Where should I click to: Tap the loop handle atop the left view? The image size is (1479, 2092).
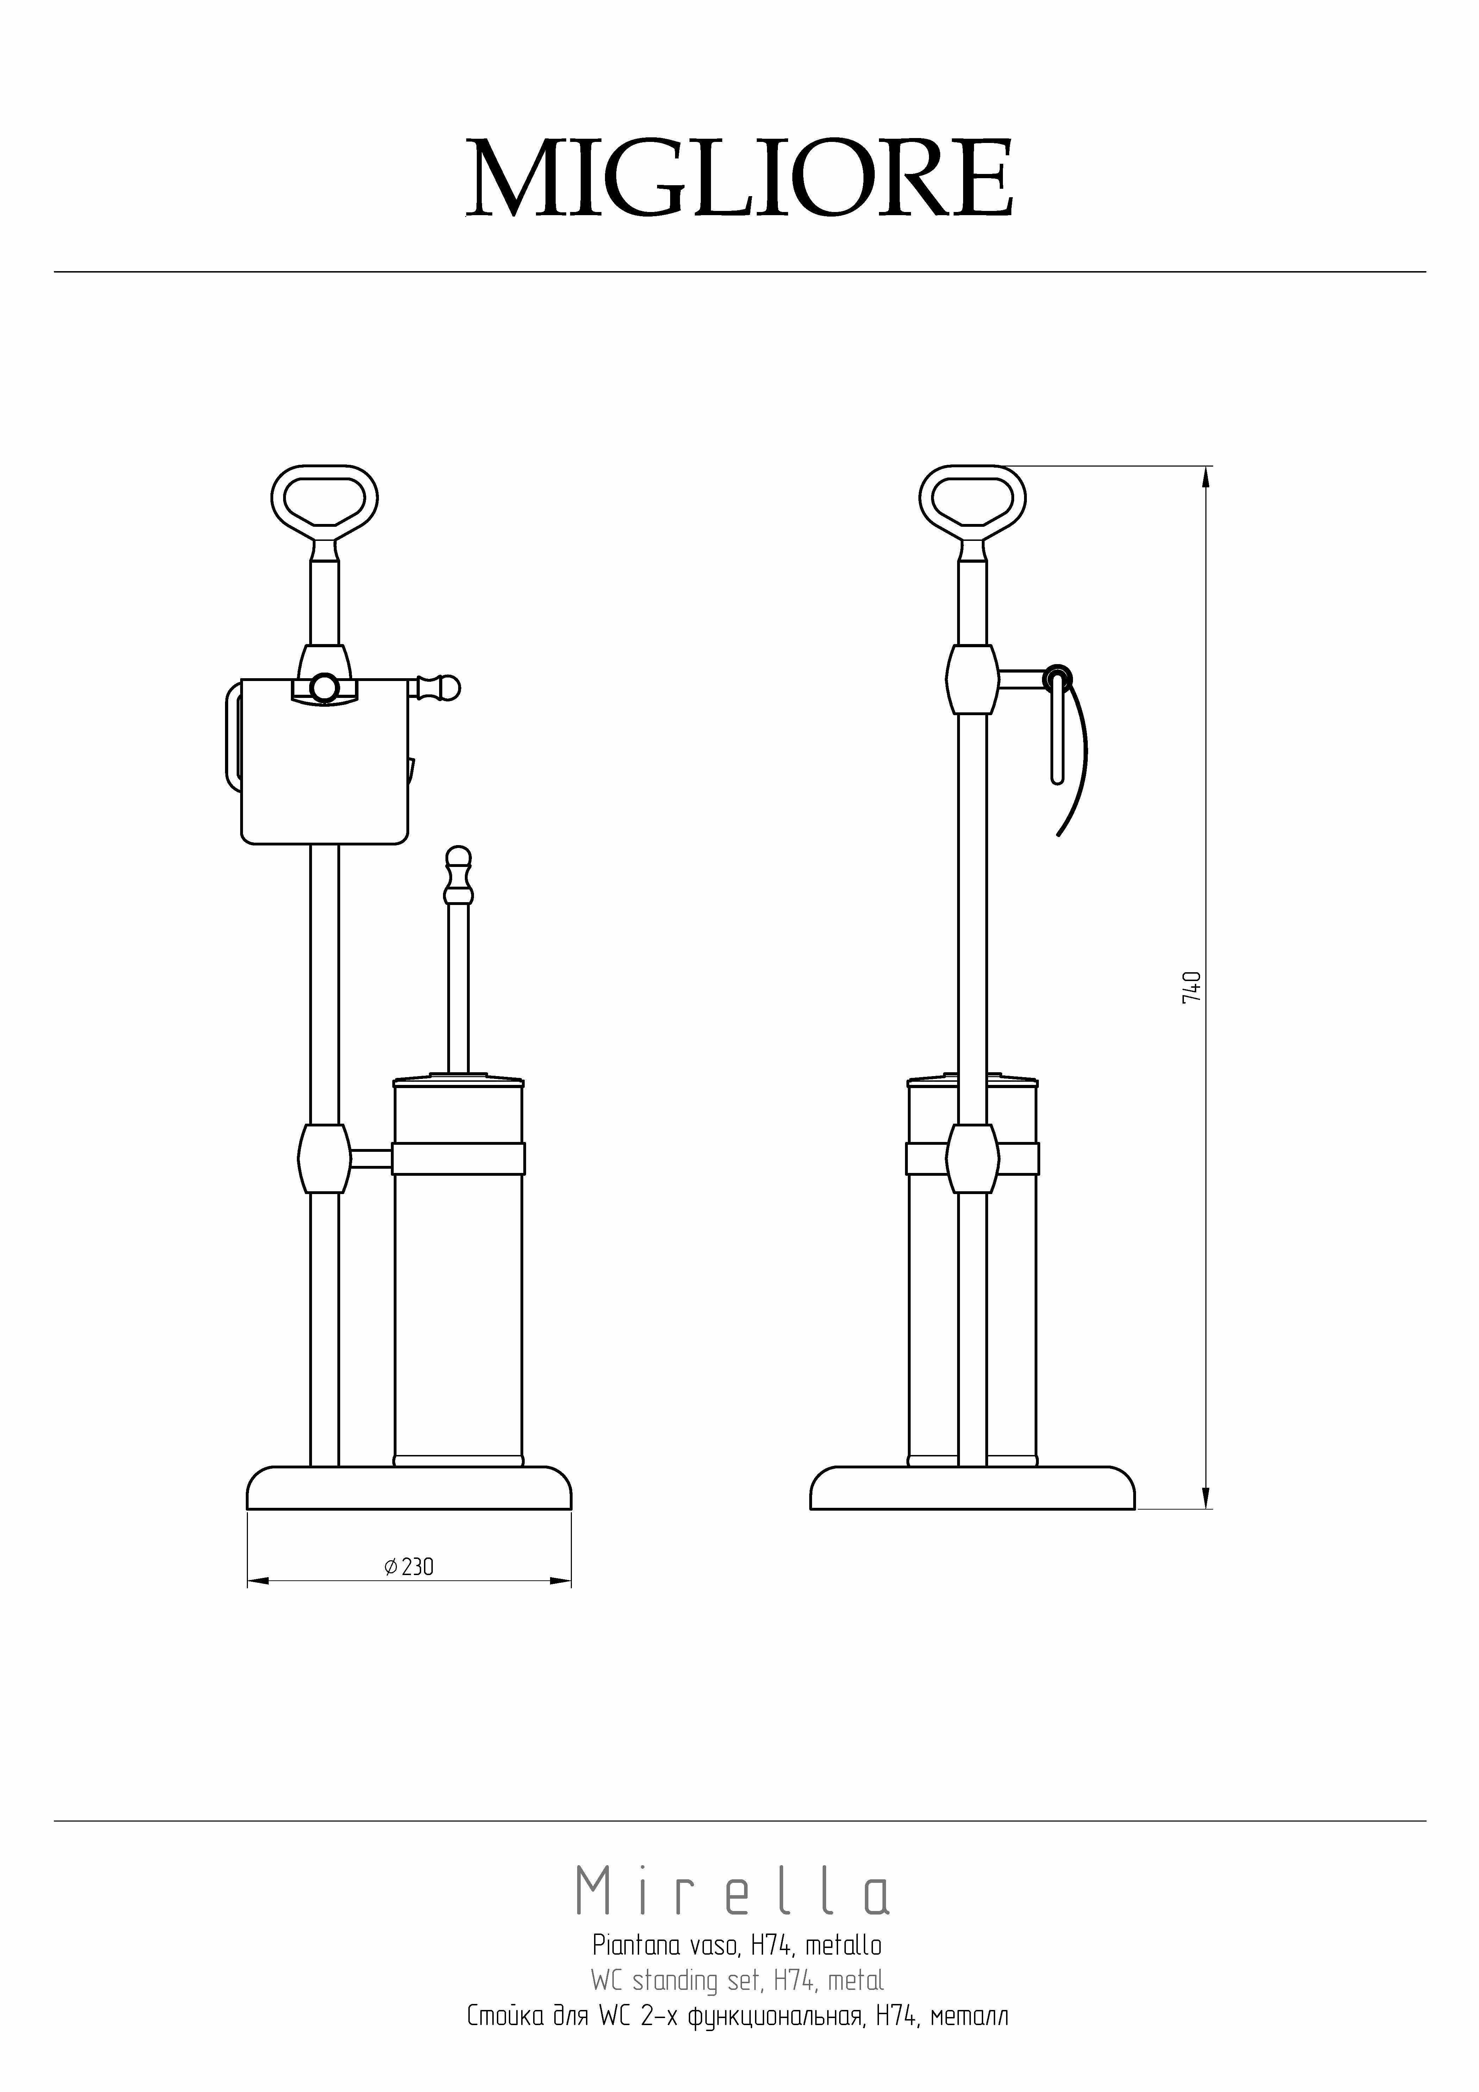[x=325, y=474]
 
